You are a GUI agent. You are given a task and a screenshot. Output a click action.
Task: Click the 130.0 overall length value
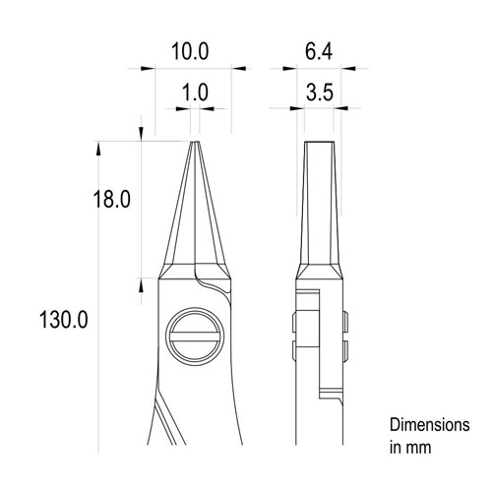point(62,321)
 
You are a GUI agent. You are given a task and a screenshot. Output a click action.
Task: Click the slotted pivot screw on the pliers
point(193,336)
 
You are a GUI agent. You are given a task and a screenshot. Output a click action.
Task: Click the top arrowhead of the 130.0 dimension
point(98,149)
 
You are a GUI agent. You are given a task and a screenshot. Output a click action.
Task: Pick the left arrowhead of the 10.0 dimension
point(149,69)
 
